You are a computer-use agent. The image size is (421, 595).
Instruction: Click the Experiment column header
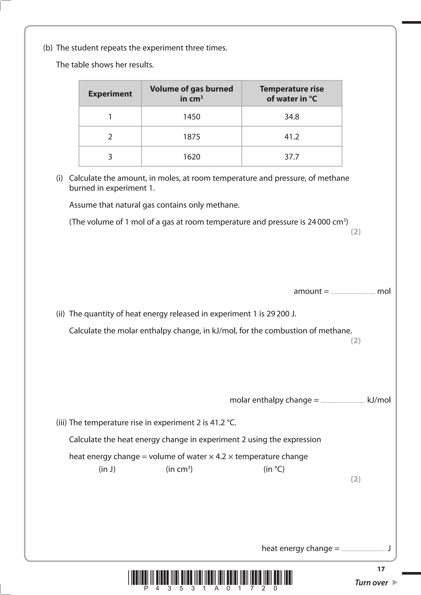click(110, 93)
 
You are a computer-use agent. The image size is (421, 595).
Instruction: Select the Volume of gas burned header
click(191, 93)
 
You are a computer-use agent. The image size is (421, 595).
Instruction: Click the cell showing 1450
click(191, 117)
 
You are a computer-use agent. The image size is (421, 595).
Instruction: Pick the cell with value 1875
click(191, 137)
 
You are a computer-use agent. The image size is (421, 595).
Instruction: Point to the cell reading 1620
click(191, 157)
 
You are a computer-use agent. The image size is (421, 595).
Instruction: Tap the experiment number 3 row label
click(110, 157)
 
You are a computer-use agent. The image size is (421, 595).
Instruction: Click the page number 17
click(381, 569)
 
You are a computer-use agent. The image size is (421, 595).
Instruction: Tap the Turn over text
click(371, 582)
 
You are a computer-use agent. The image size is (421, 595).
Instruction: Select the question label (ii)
click(60, 314)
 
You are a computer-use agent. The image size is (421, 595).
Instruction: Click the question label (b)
click(47, 48)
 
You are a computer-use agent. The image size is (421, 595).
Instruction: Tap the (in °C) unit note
click(274, 469)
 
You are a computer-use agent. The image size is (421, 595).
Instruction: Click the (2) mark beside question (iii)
click(355, 479)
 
